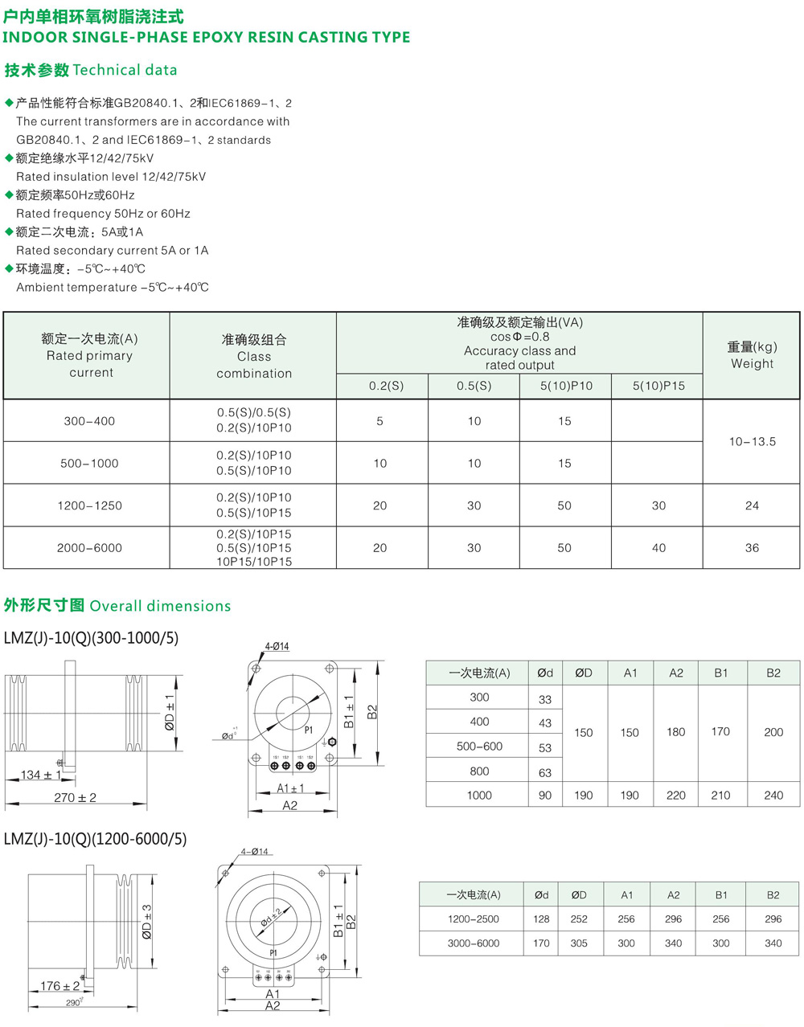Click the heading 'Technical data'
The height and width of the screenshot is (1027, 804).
point(125,70)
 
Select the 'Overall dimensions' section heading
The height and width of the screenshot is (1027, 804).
point(160,606)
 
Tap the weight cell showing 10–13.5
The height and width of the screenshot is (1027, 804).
point(752,441)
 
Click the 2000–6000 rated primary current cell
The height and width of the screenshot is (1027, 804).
point(89,548)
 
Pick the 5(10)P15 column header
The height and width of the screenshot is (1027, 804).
point(658,386)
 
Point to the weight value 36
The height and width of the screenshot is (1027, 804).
point(752,548)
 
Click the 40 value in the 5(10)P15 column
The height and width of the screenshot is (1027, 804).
point(658,548)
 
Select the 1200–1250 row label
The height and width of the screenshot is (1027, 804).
point(89,505)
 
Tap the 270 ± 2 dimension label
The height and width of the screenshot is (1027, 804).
point(75,797)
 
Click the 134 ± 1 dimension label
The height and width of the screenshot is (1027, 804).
point(41,775)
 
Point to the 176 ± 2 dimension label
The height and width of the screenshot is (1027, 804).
point(60,986)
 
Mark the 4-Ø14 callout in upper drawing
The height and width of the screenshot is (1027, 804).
point(277,646)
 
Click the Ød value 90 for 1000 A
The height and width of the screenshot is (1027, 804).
point(545,796)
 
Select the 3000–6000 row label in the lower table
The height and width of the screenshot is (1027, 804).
point(474,943)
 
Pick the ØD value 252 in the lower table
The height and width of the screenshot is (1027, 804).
point(579,919)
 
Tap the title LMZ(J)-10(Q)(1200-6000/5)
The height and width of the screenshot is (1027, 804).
point(95,839)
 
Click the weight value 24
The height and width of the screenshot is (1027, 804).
point(752,505)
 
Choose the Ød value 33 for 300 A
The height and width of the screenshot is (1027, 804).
point(545,699)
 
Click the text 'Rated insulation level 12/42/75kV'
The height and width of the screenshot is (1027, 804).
point(111,177)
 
